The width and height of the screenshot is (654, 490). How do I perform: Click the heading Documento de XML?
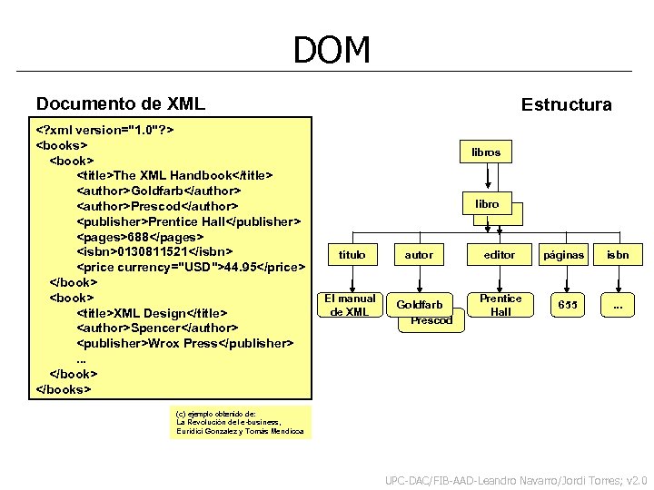pos(121,104)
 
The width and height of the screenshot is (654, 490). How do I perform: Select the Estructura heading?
pos(566,105)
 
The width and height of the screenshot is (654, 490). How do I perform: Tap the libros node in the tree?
pos(486,152)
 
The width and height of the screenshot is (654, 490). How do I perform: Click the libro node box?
pos(487,204)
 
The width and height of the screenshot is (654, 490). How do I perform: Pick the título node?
pos(352,255)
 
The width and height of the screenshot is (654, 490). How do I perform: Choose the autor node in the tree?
pos(419,255)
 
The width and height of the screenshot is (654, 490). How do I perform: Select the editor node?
pos(500,255)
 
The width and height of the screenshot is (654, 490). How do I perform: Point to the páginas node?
pos(563,255)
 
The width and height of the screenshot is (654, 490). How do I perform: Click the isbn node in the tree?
pos(618,255)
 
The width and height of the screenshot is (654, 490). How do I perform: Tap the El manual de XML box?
pos(350,305)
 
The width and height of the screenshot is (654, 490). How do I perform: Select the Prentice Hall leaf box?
pos(500,305)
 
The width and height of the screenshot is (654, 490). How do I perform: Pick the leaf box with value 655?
pos(567,305)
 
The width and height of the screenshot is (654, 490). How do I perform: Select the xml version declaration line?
pos(104,129)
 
